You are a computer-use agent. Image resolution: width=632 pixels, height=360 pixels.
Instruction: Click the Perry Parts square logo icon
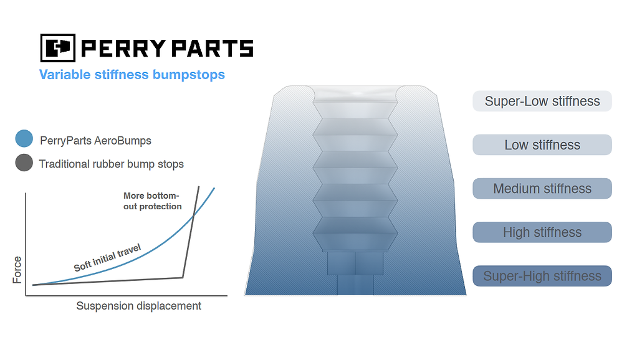57,48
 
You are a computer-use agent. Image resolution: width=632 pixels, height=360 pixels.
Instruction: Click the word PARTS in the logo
213,49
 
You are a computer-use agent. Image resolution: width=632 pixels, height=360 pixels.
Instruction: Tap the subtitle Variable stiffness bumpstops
132,75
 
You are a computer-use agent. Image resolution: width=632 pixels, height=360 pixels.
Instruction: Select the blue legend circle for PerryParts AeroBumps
24,138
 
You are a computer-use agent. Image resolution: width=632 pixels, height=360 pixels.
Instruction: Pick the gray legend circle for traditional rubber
24,163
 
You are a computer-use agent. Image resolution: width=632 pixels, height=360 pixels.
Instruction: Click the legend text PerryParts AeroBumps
95,141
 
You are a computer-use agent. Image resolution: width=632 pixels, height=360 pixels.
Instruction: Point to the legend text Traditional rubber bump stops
111,164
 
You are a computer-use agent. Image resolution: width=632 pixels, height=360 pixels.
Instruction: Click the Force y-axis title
17,270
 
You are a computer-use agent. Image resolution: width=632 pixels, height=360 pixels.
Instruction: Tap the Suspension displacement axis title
138,306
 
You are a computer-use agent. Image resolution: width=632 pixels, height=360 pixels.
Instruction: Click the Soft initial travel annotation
107,257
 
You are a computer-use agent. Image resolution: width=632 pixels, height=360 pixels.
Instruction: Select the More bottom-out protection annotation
152,201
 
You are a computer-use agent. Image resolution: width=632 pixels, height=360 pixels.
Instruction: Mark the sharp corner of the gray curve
183,277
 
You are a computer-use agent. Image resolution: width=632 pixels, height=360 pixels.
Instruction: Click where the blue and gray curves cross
193,216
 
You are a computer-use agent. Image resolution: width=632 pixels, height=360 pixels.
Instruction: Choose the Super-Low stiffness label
542,101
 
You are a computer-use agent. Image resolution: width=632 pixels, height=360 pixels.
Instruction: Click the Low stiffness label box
542,144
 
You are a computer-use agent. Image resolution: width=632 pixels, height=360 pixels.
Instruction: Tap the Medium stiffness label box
542,189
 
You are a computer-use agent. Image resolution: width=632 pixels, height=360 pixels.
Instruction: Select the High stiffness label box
542,232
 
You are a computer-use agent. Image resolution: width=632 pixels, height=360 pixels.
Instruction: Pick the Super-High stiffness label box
542,276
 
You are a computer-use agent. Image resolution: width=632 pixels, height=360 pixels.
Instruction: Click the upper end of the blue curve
214,187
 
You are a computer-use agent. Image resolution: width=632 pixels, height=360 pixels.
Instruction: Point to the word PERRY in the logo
123,49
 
